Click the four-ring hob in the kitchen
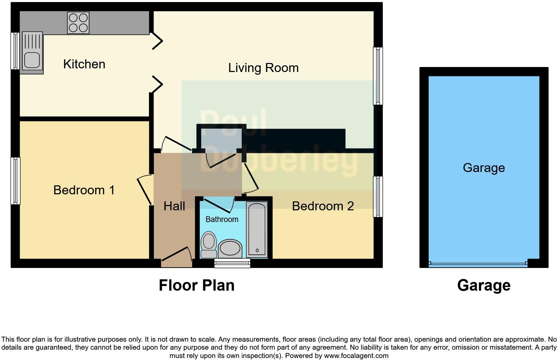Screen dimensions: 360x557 coord(78,23)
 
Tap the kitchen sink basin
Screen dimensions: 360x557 coord(32,60)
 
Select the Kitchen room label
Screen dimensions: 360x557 coord(84,64)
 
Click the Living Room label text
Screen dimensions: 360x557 coord(263,68)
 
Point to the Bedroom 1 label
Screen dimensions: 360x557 coord(84,190)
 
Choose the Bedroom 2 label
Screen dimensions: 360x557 coord(322,206)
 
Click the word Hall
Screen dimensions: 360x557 coord(174,206)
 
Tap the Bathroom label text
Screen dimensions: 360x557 coord(222,219)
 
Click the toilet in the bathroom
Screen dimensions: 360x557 coord(209,244)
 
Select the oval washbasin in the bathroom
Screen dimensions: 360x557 coord(230,249)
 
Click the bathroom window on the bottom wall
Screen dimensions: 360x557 coord(232,264)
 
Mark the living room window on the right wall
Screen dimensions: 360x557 coord(378,76)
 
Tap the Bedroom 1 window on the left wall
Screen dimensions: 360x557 coord(16,180)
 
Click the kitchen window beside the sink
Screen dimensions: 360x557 coord(15,51)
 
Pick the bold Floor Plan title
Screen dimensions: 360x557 coord(197,285)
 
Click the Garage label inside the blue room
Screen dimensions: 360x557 coord(484,168)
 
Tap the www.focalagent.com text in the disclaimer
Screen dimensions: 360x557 coord(356,356)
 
